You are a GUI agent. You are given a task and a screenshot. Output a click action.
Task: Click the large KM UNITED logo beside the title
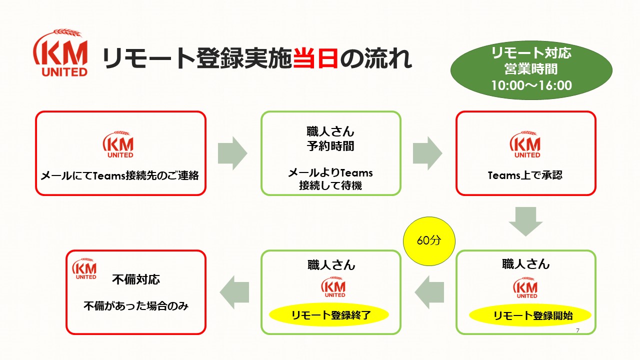click(60, 52)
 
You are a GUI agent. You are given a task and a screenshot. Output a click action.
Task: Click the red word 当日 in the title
click(315, 58)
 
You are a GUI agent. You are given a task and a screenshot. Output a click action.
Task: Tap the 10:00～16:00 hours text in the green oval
click(531, 85)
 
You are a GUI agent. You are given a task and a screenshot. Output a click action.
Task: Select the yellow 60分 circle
click(429, 241)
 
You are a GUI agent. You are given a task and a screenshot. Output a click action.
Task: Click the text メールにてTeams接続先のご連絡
click(120, 175)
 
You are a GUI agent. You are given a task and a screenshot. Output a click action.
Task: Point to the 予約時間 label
click(330, 146)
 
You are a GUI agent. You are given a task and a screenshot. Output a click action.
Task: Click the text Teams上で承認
click(525, 175)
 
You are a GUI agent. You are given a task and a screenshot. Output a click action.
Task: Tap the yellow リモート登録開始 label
click(530, 315)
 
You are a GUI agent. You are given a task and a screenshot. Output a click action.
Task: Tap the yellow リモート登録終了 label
click(329, 315)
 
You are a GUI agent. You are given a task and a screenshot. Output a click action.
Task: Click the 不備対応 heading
click(136, 279)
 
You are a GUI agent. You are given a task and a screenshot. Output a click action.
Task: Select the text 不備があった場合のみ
click(136, 306)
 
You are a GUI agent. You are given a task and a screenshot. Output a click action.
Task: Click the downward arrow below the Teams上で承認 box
click(525, 221)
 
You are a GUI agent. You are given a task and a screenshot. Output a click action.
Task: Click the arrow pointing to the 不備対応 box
click(234, 292)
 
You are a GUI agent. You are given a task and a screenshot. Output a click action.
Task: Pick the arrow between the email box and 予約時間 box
click(232, 153)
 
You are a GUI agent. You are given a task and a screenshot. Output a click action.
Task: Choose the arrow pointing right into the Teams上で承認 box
click(427, 153)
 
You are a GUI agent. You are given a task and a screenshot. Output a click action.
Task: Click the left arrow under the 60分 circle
click(429, 292)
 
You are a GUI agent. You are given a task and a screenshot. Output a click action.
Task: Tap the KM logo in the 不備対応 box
click(84, 268)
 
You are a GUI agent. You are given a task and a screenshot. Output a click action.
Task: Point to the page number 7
click(577, 330)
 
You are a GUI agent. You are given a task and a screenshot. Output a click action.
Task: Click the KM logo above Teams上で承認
click(525, 144)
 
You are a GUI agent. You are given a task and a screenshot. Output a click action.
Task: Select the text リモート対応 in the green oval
click(531, 53)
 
